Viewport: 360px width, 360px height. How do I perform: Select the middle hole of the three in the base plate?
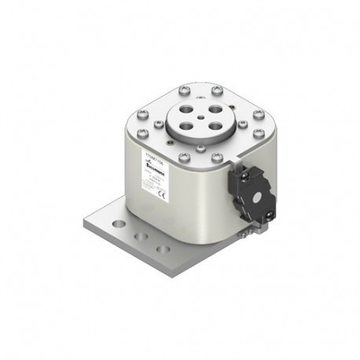pos(141,237)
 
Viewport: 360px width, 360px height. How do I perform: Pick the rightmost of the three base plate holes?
pos(162,248)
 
